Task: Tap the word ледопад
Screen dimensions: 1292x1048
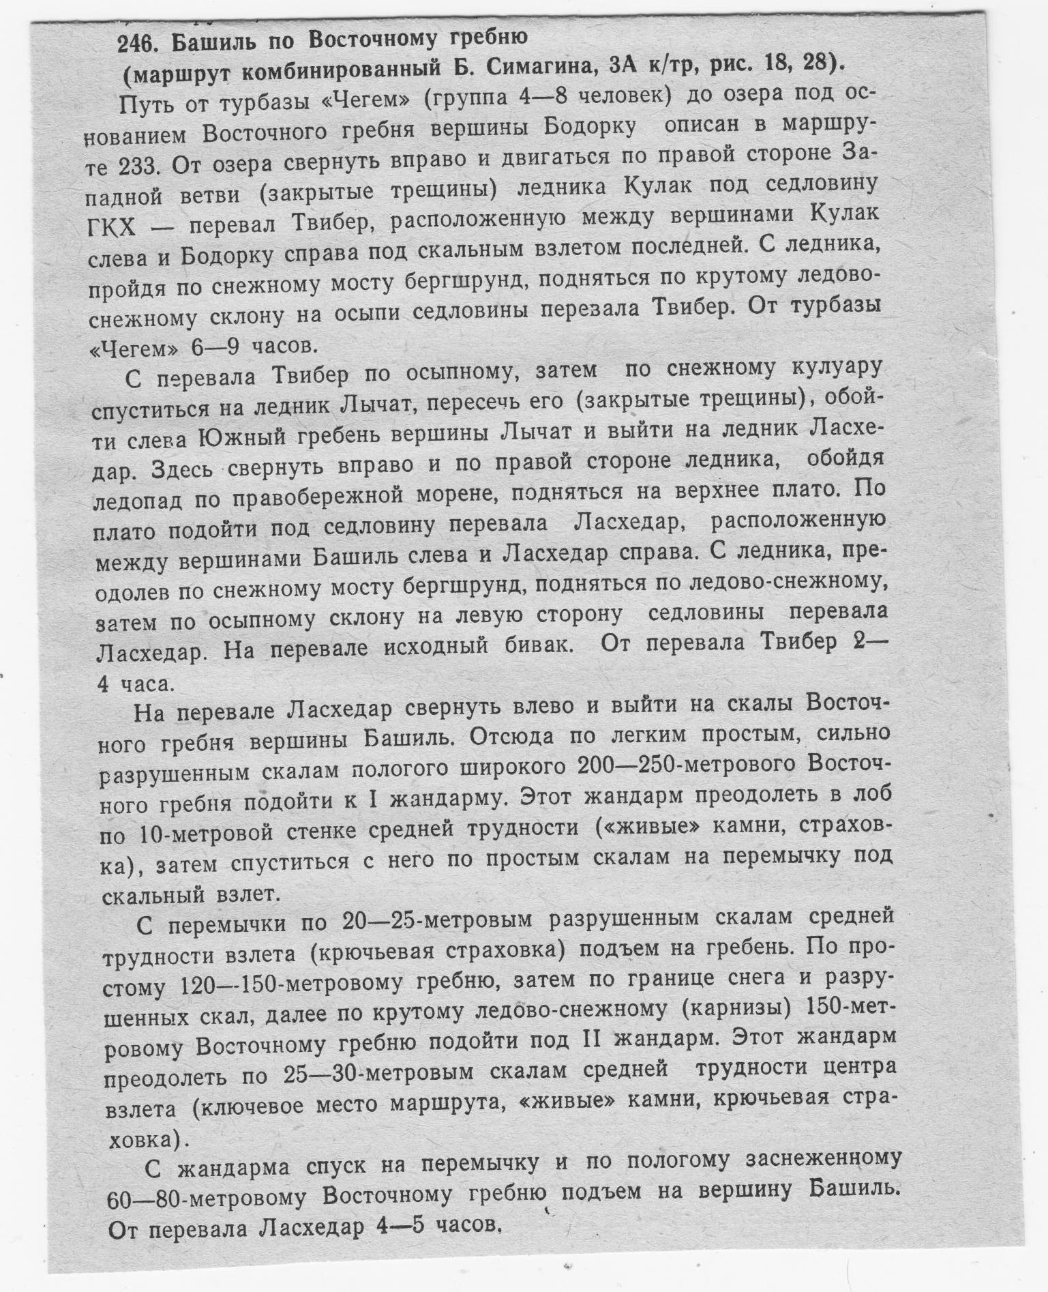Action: pyautogui.click(x=137, y=501)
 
